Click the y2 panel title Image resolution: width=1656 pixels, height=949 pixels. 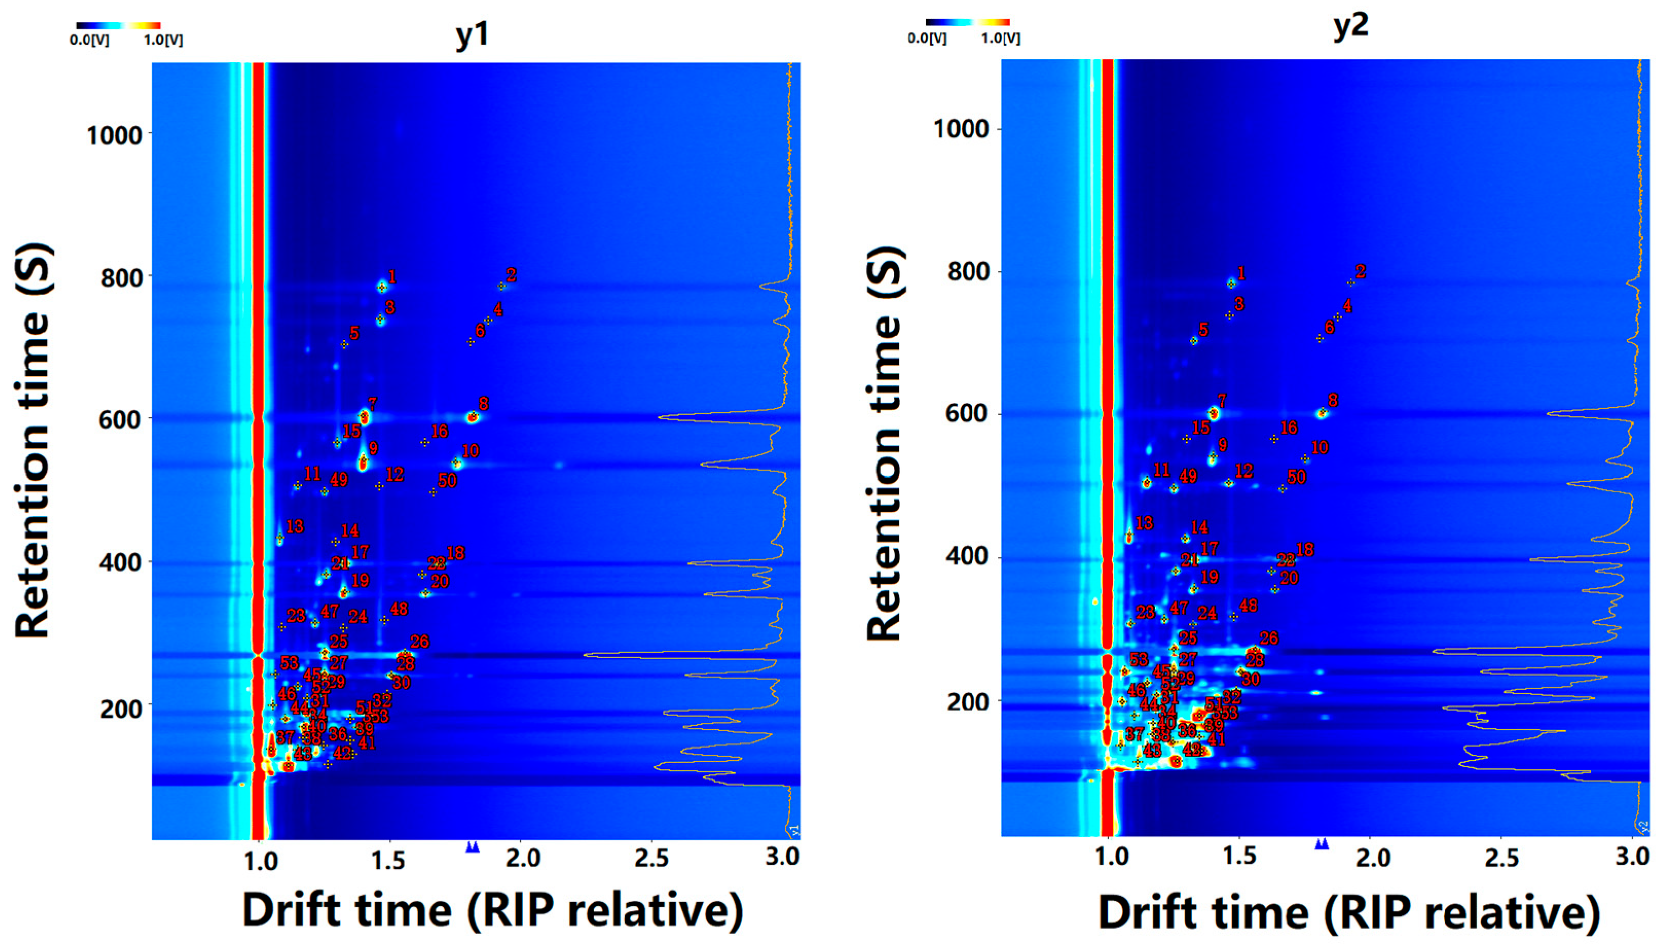[1350, 27]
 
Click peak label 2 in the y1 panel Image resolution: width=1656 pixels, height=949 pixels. [512, 275]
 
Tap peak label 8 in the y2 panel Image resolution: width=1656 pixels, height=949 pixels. [1333, 400]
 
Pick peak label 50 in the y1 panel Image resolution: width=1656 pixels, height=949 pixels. [447, 481]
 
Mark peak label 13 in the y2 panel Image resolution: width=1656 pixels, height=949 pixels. [1144, 523]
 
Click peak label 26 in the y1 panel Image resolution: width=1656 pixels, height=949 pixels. [420, 641]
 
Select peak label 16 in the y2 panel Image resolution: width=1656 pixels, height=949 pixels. [1289, 428]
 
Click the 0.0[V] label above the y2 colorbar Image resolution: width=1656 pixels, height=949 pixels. [927, 39]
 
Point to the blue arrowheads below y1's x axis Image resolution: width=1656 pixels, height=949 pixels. [473, 847]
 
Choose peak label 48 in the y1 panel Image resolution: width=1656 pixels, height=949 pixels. [399, 609]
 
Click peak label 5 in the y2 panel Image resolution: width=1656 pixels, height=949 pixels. [1203, 330]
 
